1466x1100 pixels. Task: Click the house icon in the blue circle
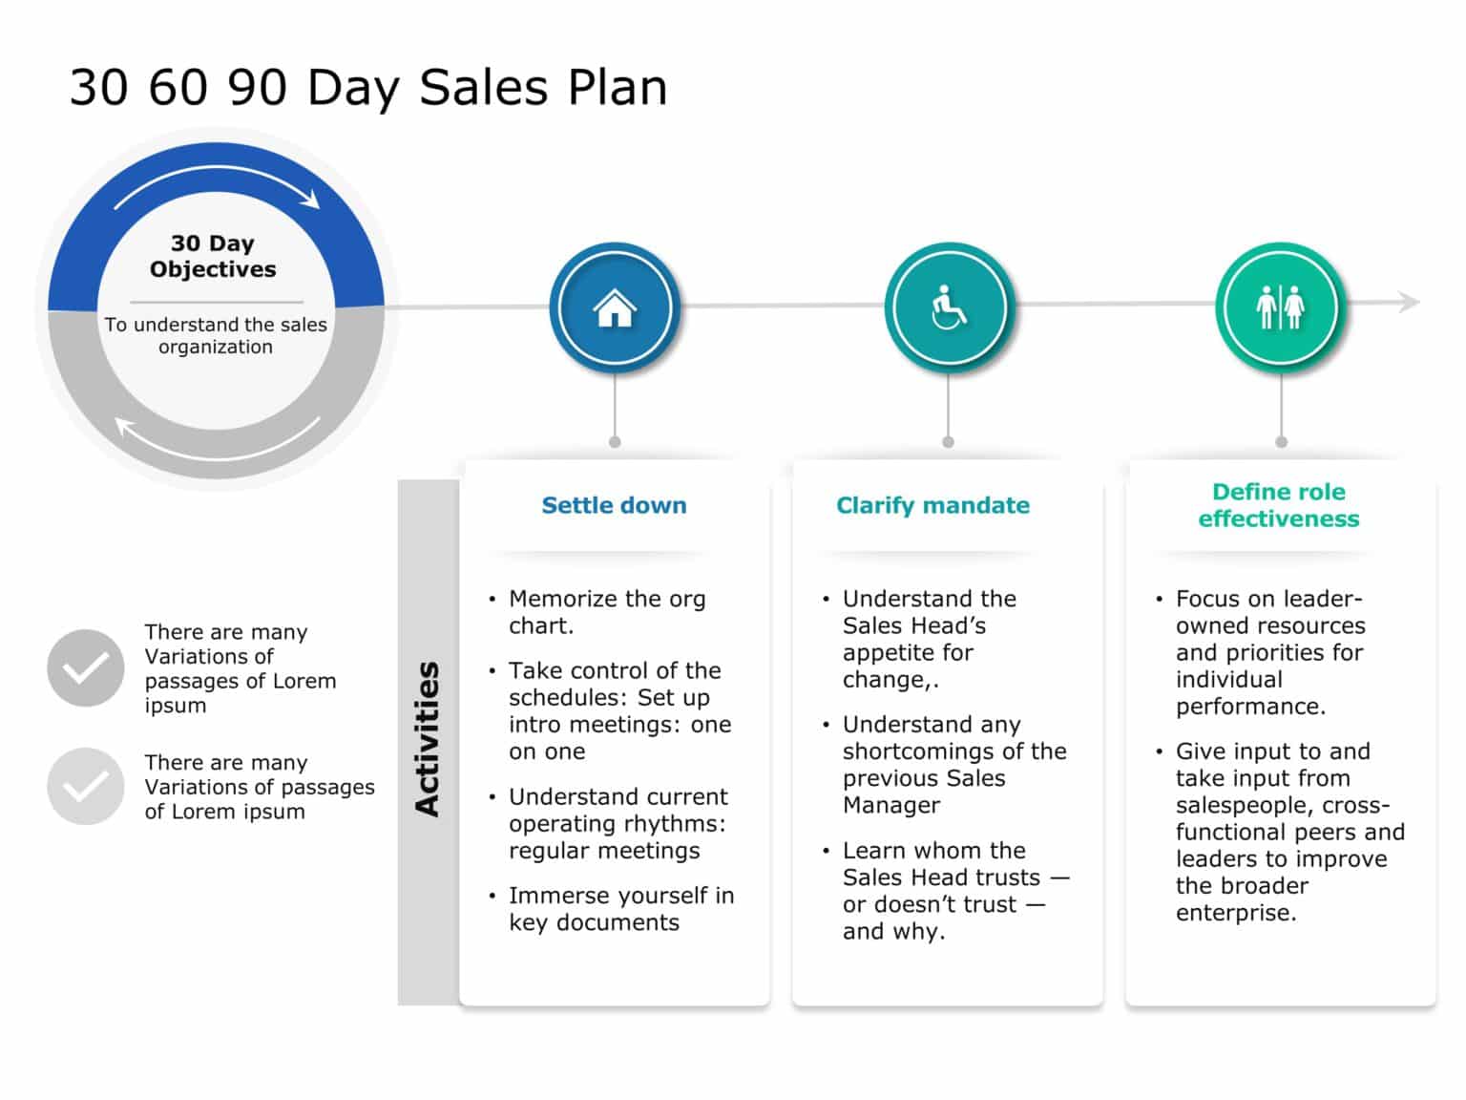[615, 307]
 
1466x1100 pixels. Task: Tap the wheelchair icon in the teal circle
[948, 307]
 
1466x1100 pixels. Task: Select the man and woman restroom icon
[1280, 307]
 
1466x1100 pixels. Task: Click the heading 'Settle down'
[614, 505]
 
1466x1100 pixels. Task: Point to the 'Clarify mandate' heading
[932, 505]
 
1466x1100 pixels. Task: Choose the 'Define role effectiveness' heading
[1279, 505]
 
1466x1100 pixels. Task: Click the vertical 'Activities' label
[428, 739]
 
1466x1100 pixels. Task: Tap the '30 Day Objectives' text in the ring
[213, 256]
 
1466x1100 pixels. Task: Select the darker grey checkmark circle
[86, 667]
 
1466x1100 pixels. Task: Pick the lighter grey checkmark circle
[86, 786]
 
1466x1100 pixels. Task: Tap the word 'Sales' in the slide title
[484, 88]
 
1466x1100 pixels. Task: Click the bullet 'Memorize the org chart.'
[607, 612]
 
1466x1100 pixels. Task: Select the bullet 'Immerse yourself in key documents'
[620, 908]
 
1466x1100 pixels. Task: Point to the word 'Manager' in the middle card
[891, 805]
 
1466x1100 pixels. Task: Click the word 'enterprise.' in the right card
[1236, 912]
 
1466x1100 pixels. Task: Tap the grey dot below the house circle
[615, 442]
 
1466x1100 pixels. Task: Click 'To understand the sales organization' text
[216, 335]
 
